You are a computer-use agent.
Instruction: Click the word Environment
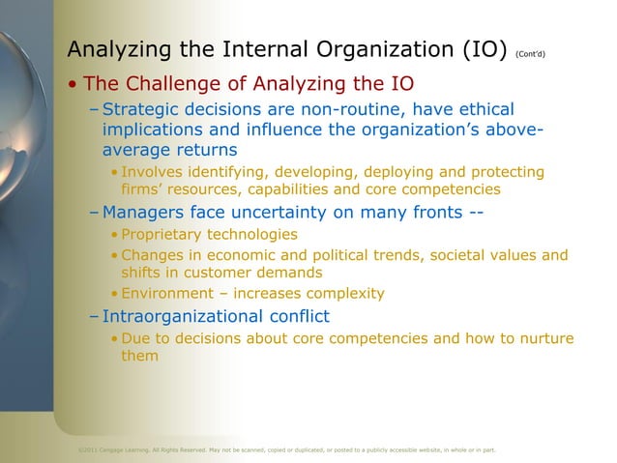[x=166, y=294]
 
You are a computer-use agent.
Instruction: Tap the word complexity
[x=342, y=294]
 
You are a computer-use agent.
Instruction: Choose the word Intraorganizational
[x=182, y=315]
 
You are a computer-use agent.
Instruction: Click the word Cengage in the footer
[x=113, y=449]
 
